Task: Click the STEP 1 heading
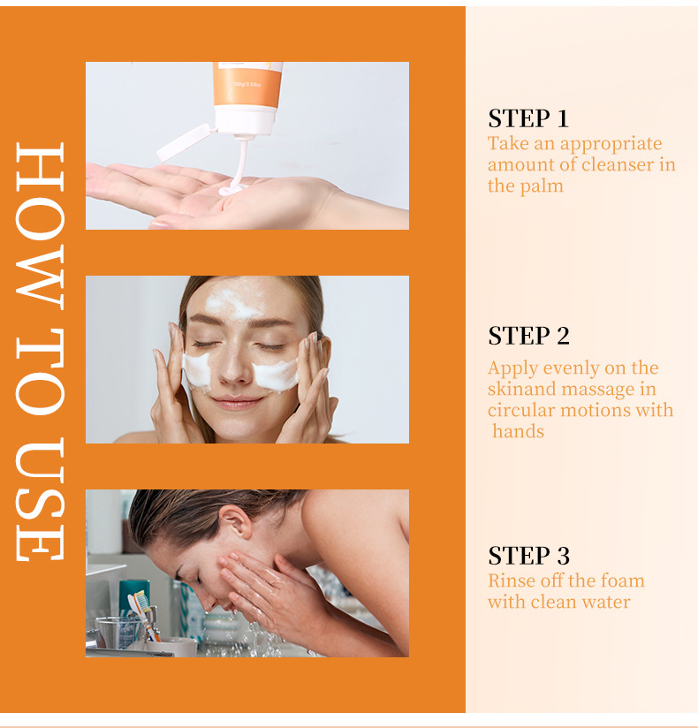tap(528, 118)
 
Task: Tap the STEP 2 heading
tap(528, 336)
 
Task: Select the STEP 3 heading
tap(528, 556)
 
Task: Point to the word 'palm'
tap(542, 186)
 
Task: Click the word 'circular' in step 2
tap(521, 410)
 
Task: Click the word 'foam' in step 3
tap(622, 580)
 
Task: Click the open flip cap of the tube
tap(184, 143)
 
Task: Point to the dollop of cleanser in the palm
tap(231, 189)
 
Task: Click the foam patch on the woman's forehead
tap(231, 304)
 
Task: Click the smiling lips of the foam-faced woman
tap(237, 402)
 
